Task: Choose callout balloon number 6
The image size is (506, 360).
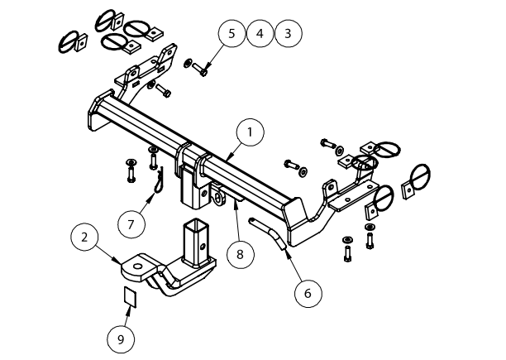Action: [307, 291]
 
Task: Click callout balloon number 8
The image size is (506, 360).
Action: [239, 254]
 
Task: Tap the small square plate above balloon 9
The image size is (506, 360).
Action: [129, 295]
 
